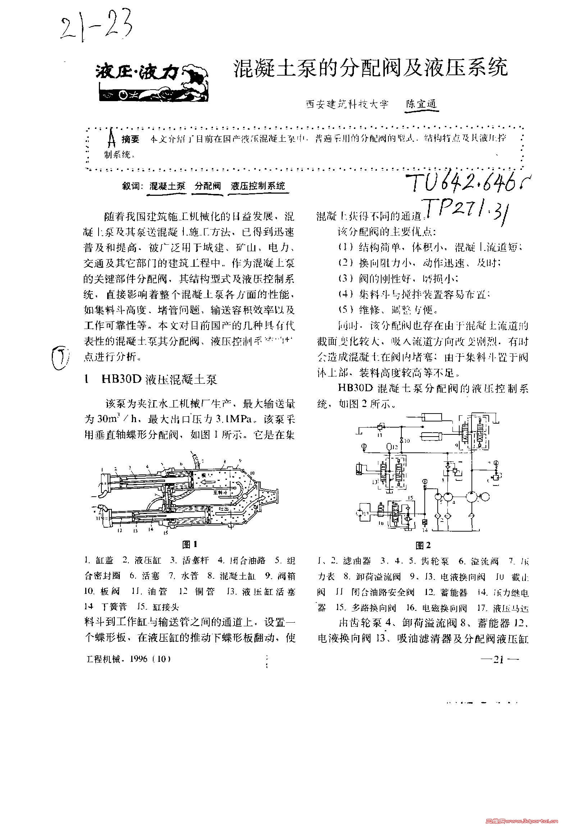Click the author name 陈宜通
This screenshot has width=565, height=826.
(421, 104)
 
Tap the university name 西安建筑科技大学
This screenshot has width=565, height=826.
(347, 105)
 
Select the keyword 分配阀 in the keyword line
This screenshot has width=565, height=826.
(208, 186)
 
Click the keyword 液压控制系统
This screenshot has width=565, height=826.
(258, 186)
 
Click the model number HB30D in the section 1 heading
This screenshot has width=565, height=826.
(122, 380)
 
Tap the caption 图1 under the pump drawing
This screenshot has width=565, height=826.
(190, 545)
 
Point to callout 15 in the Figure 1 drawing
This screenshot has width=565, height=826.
(165, 533)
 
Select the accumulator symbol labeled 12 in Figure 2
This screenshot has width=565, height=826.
(389, 447)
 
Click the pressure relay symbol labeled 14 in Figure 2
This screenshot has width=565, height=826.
(425, 522)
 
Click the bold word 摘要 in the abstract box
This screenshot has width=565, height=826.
(130, 140)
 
